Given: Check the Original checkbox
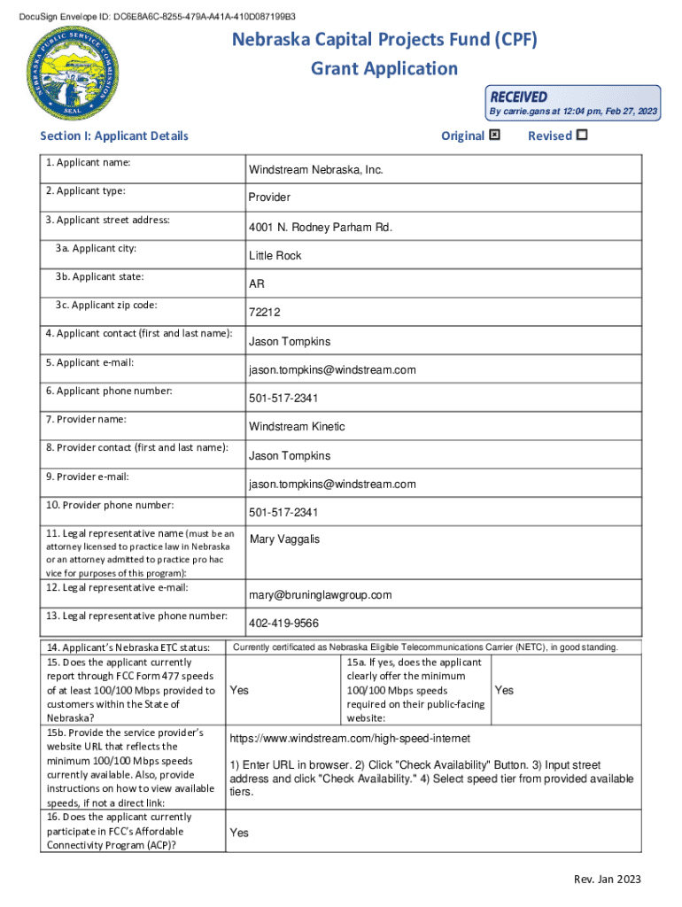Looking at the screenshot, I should (494, 136).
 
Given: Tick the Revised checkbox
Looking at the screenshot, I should (581, 136).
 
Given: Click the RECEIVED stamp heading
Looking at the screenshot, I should (519, 97).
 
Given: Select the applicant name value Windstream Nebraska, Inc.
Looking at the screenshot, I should (315, 169).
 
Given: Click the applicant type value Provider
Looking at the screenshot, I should (269, 198).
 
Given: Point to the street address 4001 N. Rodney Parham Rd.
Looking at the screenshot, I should (320, 228).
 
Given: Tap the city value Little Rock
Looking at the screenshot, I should (275, 255).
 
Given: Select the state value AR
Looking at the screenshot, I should (256, 284).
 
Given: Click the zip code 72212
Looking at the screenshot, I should (264, 313).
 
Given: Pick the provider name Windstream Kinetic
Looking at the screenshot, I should (297, 427).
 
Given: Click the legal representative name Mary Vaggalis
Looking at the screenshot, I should (285, 539).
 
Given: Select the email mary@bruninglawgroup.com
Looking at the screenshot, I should (320, 595).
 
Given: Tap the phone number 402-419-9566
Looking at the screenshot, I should (283, 623).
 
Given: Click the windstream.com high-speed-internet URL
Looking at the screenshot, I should (350, 738).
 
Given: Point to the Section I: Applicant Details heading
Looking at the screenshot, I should (114, 136).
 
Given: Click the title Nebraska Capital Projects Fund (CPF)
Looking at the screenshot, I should (384, 40).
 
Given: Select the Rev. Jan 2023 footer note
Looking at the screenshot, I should (607, 880).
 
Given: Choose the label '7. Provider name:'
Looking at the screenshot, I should (87, 419).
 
